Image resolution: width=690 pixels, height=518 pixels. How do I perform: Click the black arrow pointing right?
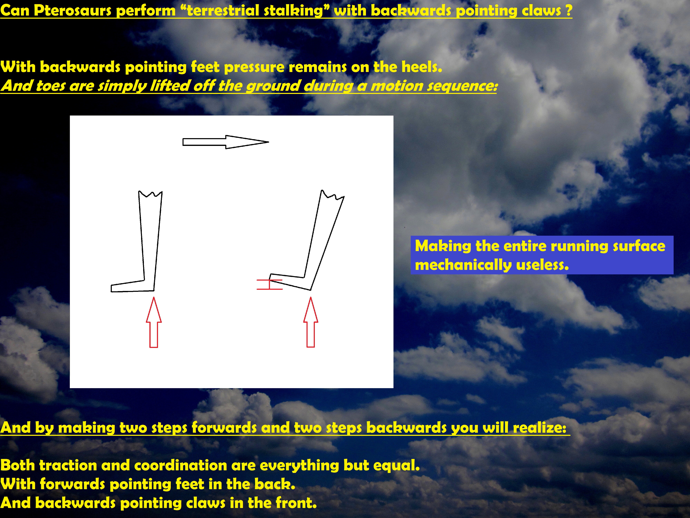click(x=225, y=142)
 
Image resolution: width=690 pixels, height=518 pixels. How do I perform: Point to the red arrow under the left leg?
click(x=154, y=322)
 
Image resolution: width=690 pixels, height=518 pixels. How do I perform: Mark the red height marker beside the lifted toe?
click(x=269, y=284)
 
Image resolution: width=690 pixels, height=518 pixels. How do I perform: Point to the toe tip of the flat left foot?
click(x=111, y=289)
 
